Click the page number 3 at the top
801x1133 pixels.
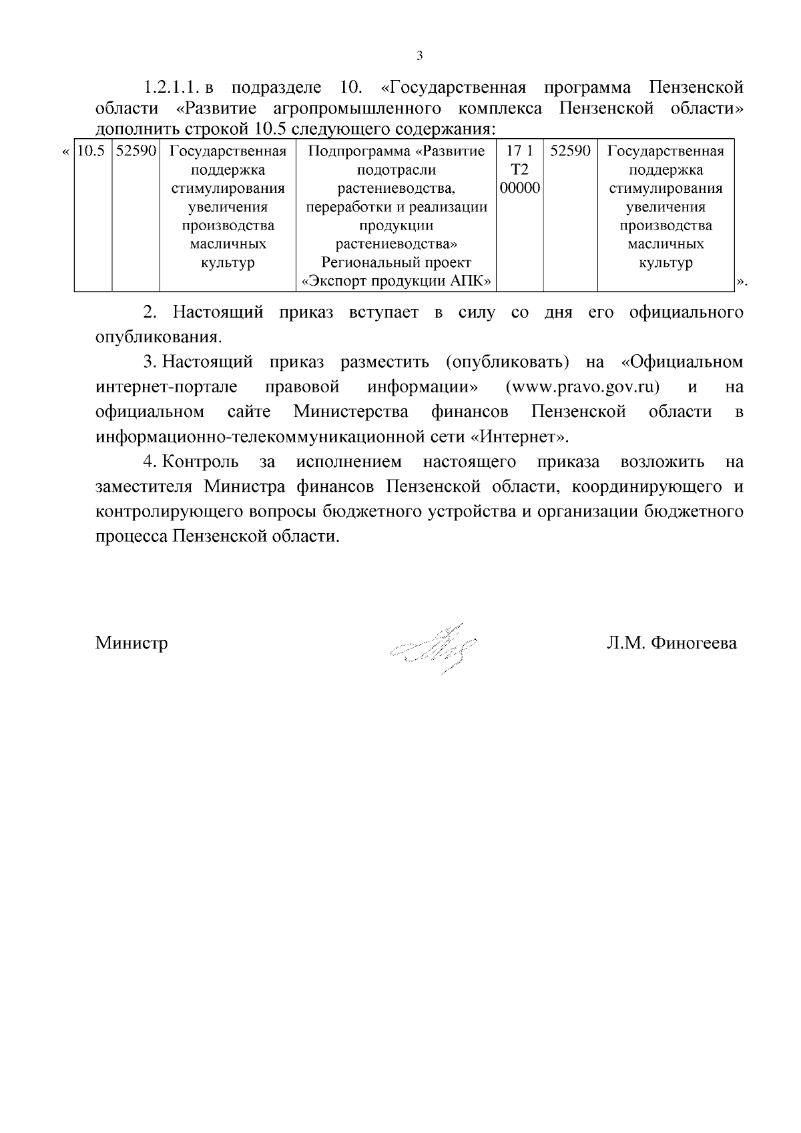click(x=419, y=55)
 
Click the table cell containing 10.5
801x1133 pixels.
click(x=91, y=151)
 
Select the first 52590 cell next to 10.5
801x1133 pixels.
click(x=136, y=151)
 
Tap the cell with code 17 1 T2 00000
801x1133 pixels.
click(x=519, y=169)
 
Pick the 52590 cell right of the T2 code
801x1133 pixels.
click(x=570, y=151)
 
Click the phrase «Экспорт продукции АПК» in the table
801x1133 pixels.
click(x=397, y=282)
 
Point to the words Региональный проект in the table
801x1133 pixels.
click(x=396, y=263)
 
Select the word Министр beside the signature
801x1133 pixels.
click(x=131, y=643)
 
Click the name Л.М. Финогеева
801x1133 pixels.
click(x=672, y=643)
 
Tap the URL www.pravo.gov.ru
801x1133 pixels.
click(x=583, y=387)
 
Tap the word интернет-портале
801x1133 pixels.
click(x=166, y=387)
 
